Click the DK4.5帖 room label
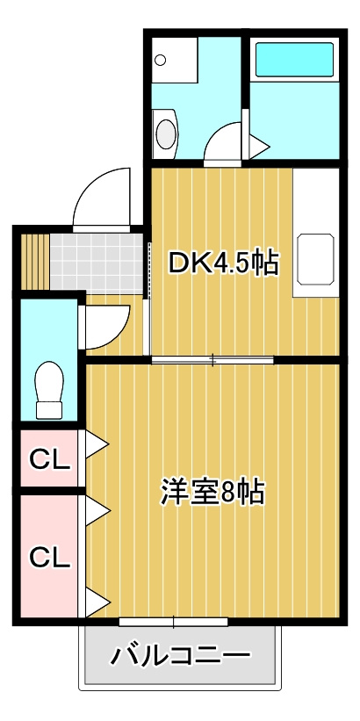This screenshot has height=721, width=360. [x=223, y=263]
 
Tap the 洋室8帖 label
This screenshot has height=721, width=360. [x=212, y=492]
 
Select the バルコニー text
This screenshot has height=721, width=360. [x=181, y=655]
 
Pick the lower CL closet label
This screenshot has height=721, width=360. [x=50, y=558]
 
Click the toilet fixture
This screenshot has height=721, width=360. [x=49, y=390]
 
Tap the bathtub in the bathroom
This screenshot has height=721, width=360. [x=294, y=60]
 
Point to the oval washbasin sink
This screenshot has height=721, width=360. [x=166, y=133]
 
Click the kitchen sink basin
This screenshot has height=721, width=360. [x=315, y=259]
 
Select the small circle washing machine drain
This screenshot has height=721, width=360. [x=161, y=60]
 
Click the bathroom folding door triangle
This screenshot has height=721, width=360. [x=259, y=148]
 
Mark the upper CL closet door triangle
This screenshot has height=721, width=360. [x=97, y=444]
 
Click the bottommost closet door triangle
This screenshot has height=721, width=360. [x=97, y=602]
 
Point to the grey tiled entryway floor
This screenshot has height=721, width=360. [x=97, y=263]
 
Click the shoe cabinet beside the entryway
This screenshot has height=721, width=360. [x=35, y=262]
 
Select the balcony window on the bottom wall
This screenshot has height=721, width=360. [x=173, y=622]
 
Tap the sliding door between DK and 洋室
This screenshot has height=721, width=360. [x=212, y=359]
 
